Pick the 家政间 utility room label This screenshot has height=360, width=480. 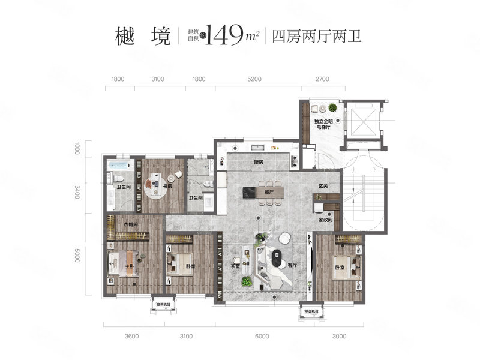click(x=326, y=220)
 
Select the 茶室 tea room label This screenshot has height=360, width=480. click(x=235, y=266)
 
